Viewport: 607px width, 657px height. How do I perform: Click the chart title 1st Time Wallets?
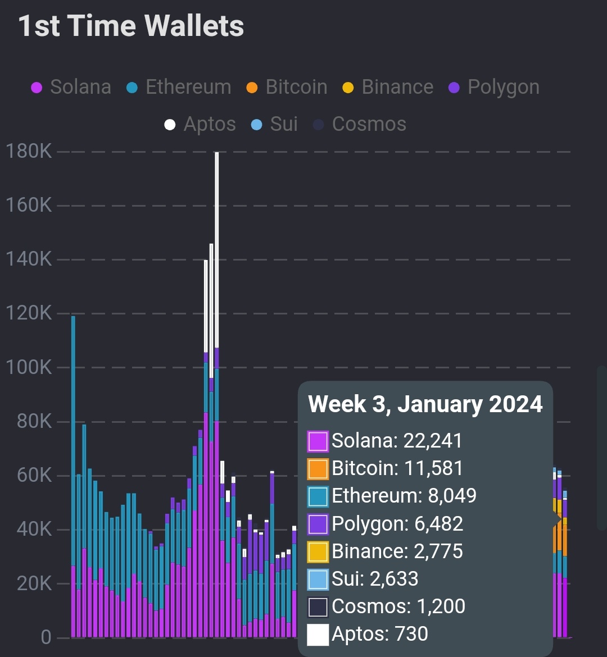[x=131, y=26]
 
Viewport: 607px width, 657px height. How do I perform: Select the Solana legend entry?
[x=71, y=88]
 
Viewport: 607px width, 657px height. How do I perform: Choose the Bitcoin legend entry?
[x=287, y=88]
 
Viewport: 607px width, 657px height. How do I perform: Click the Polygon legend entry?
[x=494, y=88]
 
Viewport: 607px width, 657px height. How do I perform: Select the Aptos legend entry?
[x=200, y=124]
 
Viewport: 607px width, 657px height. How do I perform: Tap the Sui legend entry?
[x=274, y=124]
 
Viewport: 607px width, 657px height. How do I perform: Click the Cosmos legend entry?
[x=360, y=124]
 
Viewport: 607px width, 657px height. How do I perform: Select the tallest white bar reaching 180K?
[x=217, y=247]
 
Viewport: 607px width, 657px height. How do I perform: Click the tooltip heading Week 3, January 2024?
[x=425, y=404]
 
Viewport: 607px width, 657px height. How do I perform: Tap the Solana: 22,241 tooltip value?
[x=397, y=441]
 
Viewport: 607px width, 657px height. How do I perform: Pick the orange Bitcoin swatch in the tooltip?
[x=318, y=469]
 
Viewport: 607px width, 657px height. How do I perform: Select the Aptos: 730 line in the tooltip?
[x=379, y=634]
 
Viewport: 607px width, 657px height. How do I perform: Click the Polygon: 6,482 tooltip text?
[x=397, y=524]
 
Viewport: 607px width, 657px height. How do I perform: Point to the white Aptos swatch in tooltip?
[x=318, y=635]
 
